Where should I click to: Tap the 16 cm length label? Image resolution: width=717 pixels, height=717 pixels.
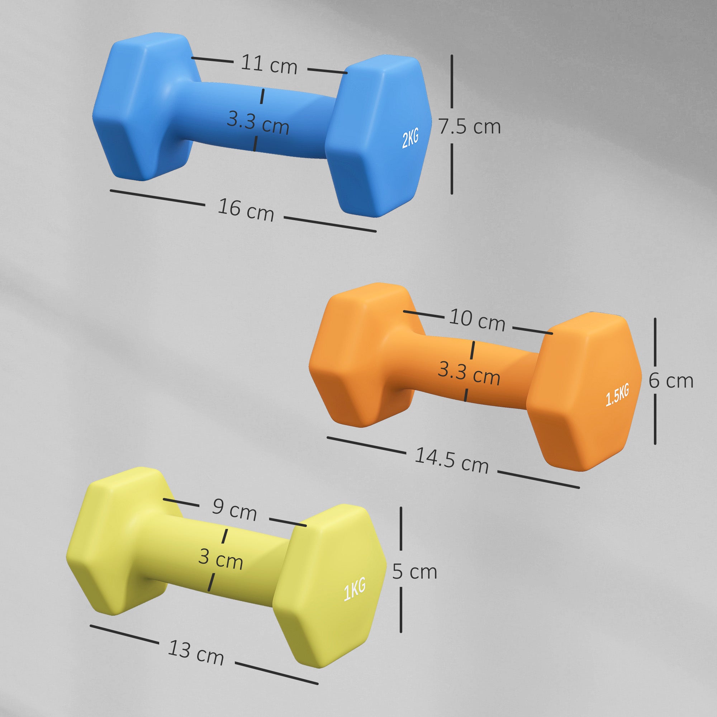pyautogui.click(x=245, y=210)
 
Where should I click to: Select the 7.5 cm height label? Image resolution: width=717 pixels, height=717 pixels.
pyautogui.click(x=470, y=127)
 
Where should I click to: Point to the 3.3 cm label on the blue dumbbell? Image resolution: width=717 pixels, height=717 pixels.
pyautogui.click(x=258, y=123)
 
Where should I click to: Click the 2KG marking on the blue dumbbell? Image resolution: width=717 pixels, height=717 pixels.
pyautogui.click(x=410, y=138)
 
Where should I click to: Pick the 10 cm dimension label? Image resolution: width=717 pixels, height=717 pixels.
pyautogui.click(x=477, y=319)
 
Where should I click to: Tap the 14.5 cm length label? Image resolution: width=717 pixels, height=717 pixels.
pyautogui.click(x=451, y=461)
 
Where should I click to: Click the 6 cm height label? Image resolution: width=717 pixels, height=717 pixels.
pyautogui.click(x=671, y=381)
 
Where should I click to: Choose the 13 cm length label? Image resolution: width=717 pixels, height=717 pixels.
pyautogui.click(x=196, y=652)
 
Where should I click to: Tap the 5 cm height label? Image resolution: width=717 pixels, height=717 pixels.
pyautogui.click(x=414, y=571)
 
